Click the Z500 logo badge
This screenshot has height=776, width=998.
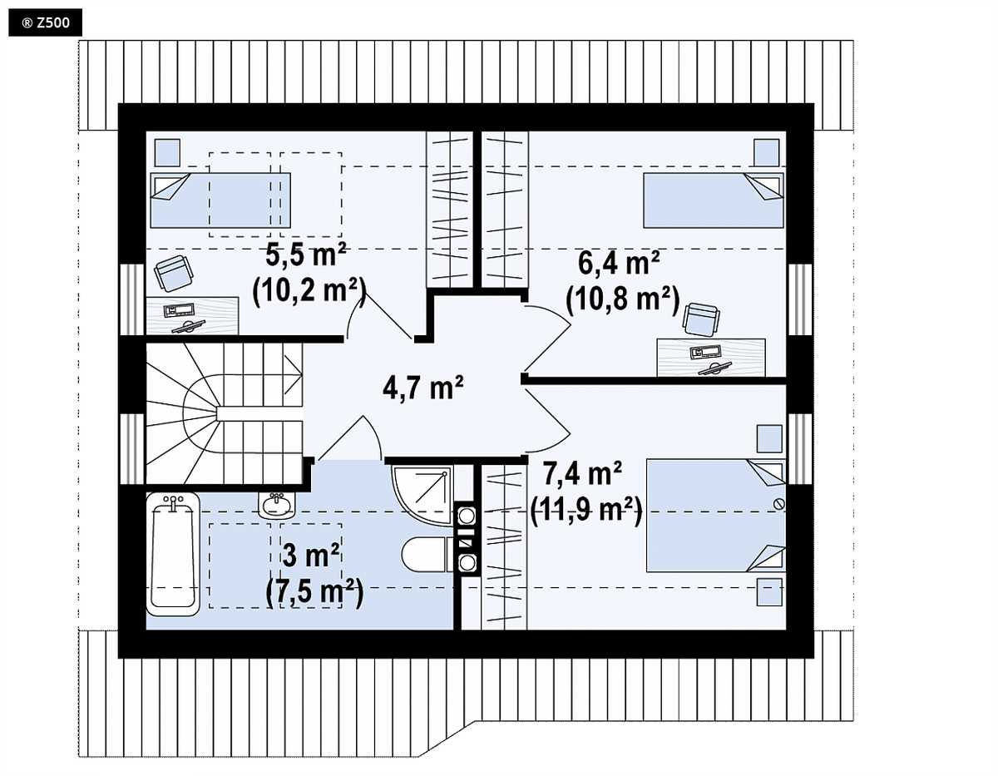45,22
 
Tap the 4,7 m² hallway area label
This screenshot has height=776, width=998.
423,388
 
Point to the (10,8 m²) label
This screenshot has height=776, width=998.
622,299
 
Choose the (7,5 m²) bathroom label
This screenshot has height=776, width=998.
314,592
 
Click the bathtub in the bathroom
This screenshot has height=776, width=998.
173,554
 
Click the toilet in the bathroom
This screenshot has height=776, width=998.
425,555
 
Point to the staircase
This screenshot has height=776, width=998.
224,413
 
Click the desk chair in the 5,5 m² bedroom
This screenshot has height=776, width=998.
173,274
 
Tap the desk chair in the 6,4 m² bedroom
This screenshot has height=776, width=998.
701,319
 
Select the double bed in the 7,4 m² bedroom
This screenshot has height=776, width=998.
715,515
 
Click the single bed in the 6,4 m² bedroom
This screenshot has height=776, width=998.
714,200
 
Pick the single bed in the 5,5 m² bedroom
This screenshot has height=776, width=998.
220,200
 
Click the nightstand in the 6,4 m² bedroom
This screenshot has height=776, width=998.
767,152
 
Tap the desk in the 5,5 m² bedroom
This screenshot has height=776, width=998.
192,316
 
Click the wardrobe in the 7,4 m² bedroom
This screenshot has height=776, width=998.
504,547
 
